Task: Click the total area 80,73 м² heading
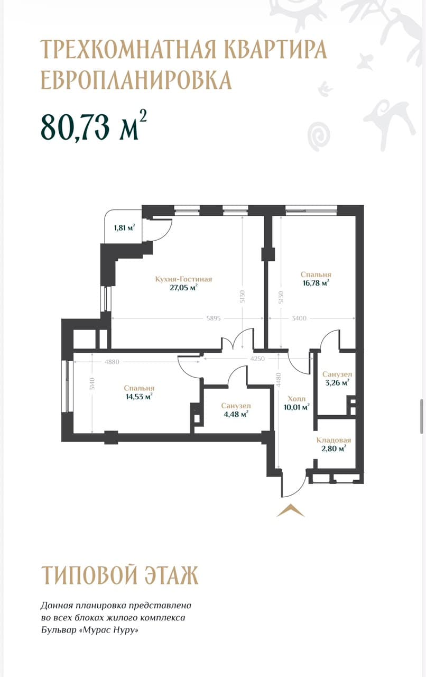[x=94, y=126]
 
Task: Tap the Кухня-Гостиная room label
[x=184, y=279]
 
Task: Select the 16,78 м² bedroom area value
[x=316, y=283]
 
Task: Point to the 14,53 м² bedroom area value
[x=139, y=396]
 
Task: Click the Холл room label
[x=297, y=399]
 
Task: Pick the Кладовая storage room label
[x=334, y=440]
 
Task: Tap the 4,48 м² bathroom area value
[x=236, y=414]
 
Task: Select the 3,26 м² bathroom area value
[x=337, y=382]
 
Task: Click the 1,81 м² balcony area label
[x=124, y=227]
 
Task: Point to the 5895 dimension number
[x=214, y=318]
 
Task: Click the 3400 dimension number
[x=299, y=318]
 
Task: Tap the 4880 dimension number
[x=112, y=362]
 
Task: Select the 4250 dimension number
[x=257, y=359]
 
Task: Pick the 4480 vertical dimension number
[x=278, y=380]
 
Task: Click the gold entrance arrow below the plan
[x=290, y=510]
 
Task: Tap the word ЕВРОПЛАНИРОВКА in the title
[x=136, y=80]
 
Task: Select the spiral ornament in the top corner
[x=318, y=136]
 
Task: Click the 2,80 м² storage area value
[x=334, y=448]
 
